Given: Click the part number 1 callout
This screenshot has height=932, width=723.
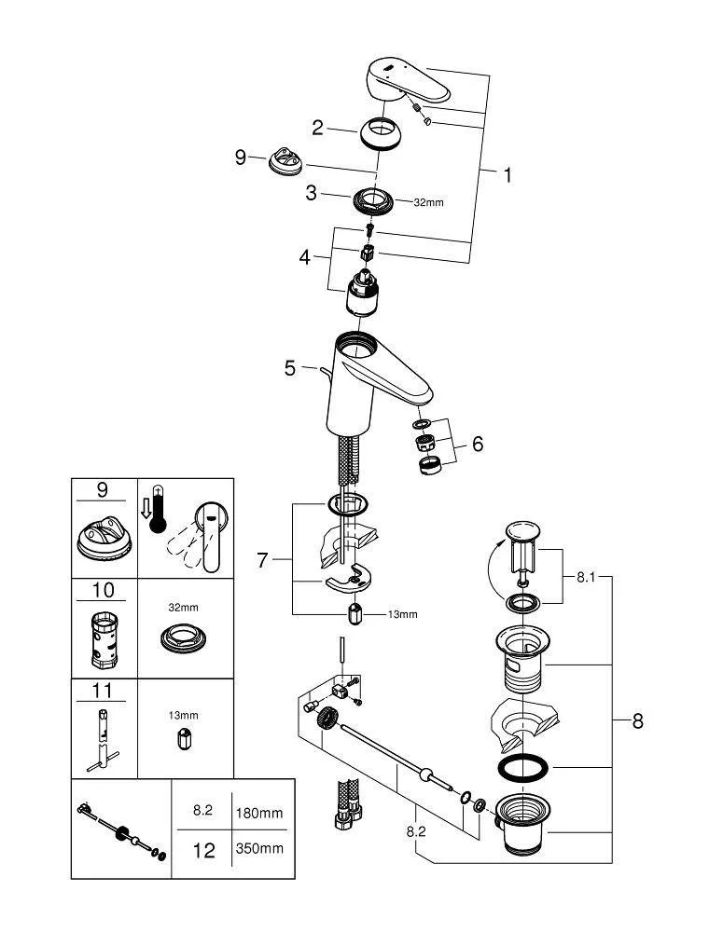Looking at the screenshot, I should [507, 174].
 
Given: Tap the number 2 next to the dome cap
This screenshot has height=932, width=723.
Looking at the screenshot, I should [318, 128].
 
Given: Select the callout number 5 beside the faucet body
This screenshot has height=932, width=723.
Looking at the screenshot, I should [290, 368].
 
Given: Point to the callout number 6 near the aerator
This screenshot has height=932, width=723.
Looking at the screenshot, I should [477, 444].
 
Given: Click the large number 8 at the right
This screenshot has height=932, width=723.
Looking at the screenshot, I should [637, 720].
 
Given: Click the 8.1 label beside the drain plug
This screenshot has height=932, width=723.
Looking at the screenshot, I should [585, 578].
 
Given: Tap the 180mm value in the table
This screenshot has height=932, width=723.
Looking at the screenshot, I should [258, 813].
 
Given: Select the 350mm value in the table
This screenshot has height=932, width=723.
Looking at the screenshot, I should [258, 850].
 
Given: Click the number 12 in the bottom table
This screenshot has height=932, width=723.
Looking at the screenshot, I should [203, 850].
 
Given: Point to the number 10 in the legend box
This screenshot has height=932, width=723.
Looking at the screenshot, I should [104, 590].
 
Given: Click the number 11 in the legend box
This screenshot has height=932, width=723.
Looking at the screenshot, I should [104, 691].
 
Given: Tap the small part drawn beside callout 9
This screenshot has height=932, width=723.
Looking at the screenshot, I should [284, 160].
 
